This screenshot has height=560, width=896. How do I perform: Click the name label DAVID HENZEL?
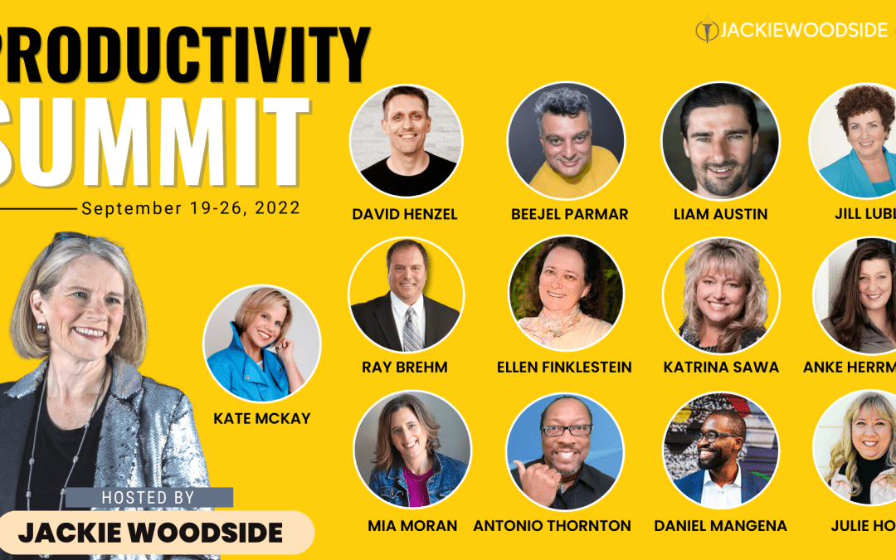(x=405, y=214)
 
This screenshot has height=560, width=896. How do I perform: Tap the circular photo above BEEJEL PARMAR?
(x=565, y=140)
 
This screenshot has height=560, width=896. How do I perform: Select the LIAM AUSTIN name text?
(x=720, y=214)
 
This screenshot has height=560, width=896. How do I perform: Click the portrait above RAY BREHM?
(x=406, y=295)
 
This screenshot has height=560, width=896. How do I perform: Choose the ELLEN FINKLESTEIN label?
(x=564, y=367)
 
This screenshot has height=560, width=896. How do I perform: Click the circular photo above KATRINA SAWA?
(x=721, y=296)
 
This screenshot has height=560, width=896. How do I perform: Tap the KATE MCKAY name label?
(x=261, y=418)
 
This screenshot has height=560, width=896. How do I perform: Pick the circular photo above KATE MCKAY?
(x=262, y=343)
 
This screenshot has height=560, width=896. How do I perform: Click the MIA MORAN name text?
(x=412, y=525)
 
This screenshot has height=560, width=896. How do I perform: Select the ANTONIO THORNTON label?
(x=552, y=525)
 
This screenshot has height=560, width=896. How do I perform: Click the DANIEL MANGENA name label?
(x=720, y=525)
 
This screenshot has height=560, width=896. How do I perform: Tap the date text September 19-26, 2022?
(x=191, y=207)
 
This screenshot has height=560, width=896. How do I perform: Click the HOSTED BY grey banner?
(x=149, y=497)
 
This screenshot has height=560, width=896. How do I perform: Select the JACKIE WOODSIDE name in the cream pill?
(x=151, y=532)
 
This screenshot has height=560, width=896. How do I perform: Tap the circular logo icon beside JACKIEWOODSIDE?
(x=705, y=31)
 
